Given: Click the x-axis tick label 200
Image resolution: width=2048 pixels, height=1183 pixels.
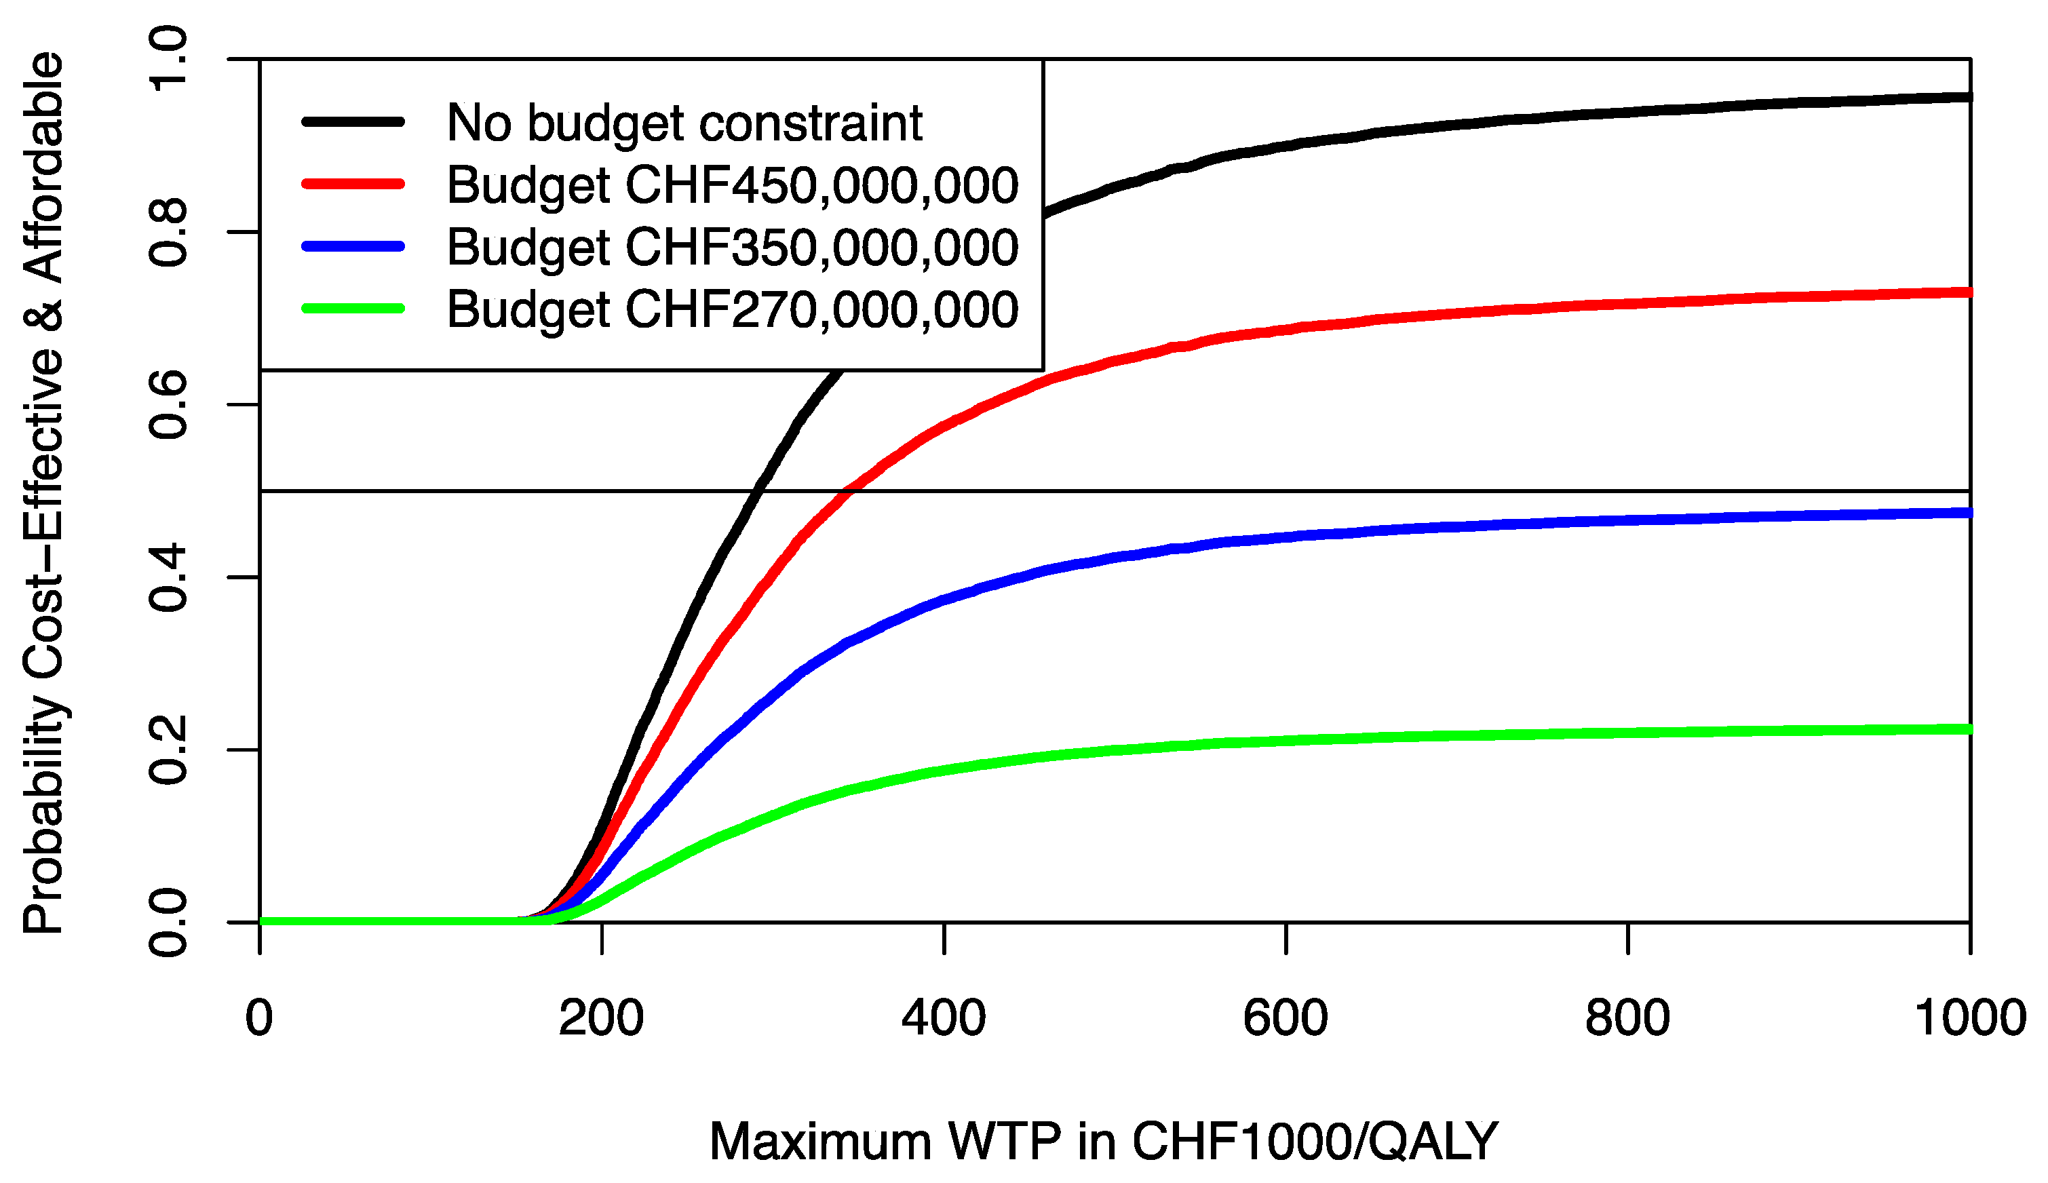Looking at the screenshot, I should click(x=601, y=1017).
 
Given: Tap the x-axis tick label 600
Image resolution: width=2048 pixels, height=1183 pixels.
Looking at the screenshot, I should click(x=1286, y=1017).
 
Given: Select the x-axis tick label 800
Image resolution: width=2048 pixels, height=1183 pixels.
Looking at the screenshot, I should click(x=1627, y=1017).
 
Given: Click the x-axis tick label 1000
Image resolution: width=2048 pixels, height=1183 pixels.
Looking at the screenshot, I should click(x=1970, y=1017).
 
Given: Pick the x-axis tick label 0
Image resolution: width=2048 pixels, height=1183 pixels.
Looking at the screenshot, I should click(x=259, y=1017).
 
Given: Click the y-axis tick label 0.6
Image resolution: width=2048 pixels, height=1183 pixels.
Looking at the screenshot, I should click(x=168, y=405).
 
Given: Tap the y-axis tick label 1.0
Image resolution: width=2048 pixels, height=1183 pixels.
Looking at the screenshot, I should click(x=168, y=58).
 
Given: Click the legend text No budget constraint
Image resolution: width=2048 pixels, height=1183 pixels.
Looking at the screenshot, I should click(x=684, y=123).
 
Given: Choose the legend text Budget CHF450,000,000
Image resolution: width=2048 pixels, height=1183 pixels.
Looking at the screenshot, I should click(x=732, y=185).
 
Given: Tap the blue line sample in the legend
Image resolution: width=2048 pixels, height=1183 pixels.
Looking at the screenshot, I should click(x=353, y=246).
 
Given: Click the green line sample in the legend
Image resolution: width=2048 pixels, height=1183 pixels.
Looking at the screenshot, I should click(x=353, y=308).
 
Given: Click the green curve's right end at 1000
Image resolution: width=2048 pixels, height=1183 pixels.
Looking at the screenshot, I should click(x=1967, y=729).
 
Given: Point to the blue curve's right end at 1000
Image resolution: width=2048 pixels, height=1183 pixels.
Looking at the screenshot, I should click(x=1967, y=513).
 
